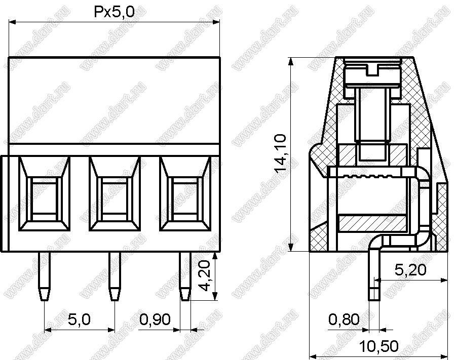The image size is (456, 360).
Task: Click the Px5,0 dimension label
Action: (115, 12)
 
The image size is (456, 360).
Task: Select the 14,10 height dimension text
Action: (280, 154)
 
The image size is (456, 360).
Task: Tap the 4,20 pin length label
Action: (205, 275)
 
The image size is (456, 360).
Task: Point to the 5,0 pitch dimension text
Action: (79, 319)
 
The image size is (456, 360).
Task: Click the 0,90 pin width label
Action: (155, 319)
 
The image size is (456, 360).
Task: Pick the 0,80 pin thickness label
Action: (344, 319)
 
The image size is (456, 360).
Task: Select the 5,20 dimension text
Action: (410, 270)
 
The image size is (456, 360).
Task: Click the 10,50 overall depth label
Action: (379, 346)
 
